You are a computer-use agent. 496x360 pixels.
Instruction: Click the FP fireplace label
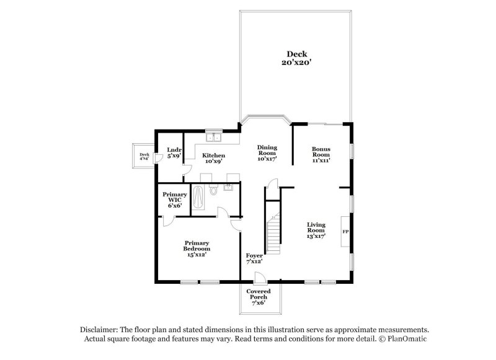click(x=345, y=232)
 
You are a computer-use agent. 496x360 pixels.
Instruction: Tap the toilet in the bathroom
click(x=213, y=190)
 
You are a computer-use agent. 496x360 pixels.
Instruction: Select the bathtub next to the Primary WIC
click(x=198, y=197)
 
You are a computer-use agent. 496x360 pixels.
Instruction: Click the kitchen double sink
click(x=214, y=138)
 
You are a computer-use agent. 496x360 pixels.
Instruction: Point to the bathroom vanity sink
click(x=228, y=187)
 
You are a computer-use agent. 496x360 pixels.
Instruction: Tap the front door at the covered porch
click(x=260, y=278)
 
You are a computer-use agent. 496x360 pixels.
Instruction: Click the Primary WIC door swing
click(x=168, y=222)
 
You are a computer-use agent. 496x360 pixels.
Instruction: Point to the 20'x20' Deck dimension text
click(x=297, y=62)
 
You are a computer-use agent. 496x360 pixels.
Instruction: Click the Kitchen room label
click(x=214, y=155)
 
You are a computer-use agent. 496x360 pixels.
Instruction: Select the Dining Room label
click(x=267, y=150)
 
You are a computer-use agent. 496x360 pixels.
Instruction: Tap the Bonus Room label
click(x=321, y=152)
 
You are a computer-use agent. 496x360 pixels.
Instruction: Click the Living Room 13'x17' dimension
click(x=316, y=236)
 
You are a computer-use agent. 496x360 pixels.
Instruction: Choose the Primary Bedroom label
click(x=197, y=245)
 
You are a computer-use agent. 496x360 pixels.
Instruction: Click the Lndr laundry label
click(x=174, y=149)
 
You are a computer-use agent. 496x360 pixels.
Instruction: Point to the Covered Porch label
click(x=259, y=294)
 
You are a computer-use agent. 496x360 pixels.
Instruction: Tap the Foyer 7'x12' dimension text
click(x=254, y=261)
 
